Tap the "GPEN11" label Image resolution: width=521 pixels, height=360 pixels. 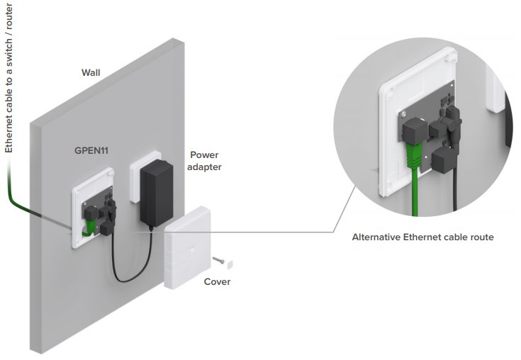[93, 151]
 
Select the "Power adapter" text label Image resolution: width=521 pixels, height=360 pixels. [204, 161]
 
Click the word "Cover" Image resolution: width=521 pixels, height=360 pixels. [217, 282]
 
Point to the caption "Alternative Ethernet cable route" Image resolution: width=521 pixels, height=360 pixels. [422, 237]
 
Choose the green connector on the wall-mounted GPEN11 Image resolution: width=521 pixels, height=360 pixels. [89, 225]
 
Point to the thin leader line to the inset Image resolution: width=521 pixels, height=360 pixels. [284, 231]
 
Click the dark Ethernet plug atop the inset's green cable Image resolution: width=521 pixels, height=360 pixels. [414, 130]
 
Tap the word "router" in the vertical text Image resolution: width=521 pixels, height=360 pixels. [9, 21]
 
